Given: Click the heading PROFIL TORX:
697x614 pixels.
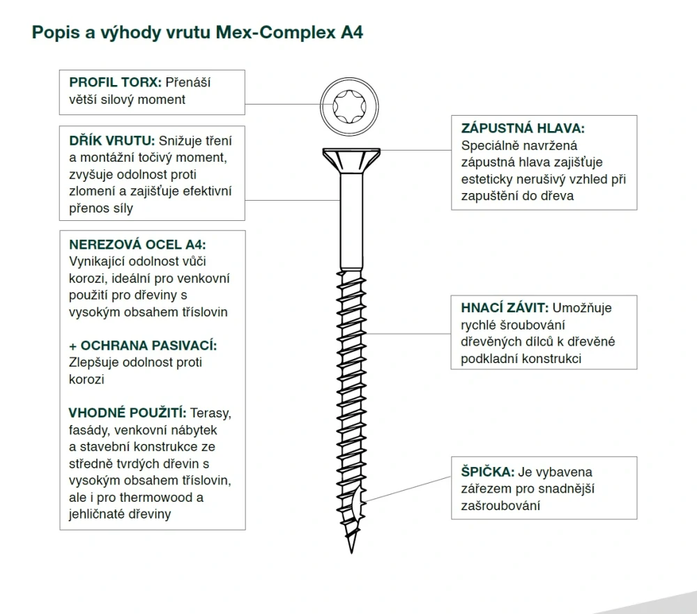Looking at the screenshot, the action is pyautogui.click(x=115, y=83).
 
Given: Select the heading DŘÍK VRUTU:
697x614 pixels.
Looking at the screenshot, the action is pyautogui.click(x=112, y=141).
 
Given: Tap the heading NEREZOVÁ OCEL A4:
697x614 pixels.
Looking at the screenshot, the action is pyautogui.click(x=137, y=245).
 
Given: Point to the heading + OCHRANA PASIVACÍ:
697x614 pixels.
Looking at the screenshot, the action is pyautogui.click(x=143, y=346).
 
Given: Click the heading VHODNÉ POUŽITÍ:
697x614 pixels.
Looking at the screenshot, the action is pyautogui.click(x=128, y=413).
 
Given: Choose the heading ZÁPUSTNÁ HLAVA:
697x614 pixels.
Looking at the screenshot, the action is pyautogui.click(x=523, y=128).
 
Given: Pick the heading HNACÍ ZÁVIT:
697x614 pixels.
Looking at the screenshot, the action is pyautogui.click(x=505, y=307).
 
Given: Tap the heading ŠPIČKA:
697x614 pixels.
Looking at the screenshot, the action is pyautogui.click(x=488, y=471).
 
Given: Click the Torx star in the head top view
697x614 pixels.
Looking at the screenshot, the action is pyautogui.click(x=349, y=107).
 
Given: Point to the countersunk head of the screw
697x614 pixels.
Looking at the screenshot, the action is pyautogui.click(x=351, y=160).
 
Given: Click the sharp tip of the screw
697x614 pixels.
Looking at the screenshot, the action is pyautogui.click(x=351, y=553).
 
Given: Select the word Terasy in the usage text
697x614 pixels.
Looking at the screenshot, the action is pyautogui.click(x=210, y=413).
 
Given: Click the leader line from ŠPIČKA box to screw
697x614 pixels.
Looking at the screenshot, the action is pyautogui.click(x=408, y=489).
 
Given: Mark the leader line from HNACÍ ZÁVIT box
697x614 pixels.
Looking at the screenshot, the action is pyautogui.click(x=408, y=333).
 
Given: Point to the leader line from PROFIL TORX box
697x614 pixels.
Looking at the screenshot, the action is pyautogui.click(x=282, y=105).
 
